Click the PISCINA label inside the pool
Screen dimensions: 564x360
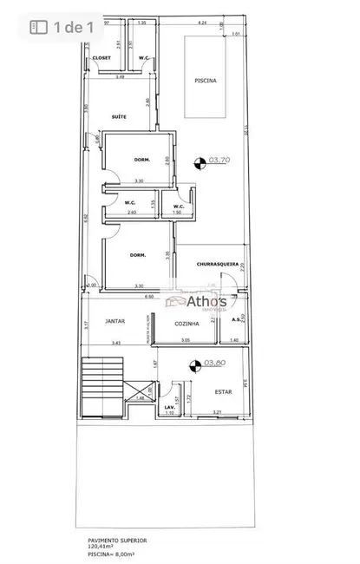[205, 80]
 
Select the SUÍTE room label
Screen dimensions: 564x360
[121, 116]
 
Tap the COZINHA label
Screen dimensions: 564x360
[187, 323]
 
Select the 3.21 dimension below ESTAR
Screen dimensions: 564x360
[218, 411]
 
